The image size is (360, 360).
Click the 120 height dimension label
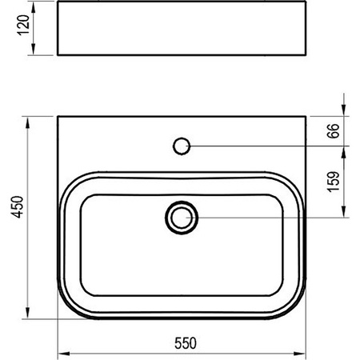point(23,25)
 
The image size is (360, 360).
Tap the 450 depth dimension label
point(18,207)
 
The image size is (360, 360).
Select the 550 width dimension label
point(186,343)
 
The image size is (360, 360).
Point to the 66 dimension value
point(334,130)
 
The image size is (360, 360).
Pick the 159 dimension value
point(334,182)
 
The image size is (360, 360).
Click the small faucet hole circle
point(182,146)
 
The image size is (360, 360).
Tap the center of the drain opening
point(182,218)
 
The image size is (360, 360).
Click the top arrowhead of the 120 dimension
point(34,7)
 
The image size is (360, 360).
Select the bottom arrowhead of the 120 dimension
point(34,50)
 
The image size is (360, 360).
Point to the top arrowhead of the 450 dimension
point(27,122)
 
